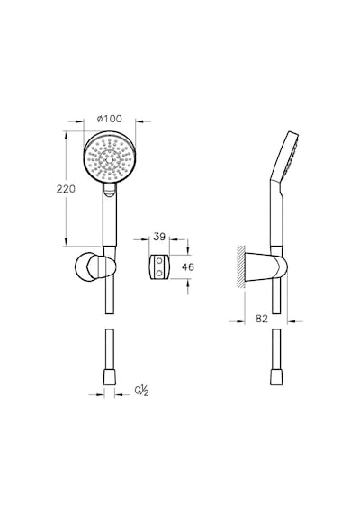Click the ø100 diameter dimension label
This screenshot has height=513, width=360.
click(110, 119)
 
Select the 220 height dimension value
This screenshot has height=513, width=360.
click(66, 189)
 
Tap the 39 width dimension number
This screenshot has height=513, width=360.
click(159, 237)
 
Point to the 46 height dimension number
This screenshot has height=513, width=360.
click(188, 267)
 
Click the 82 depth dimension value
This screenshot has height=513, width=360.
click(262, 319)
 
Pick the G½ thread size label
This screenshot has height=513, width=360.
click(142, 391)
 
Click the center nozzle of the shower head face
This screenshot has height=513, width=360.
click(108, 160)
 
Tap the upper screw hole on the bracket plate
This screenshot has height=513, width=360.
click(159, 261)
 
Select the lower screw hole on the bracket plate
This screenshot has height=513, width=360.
click(159, 272)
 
